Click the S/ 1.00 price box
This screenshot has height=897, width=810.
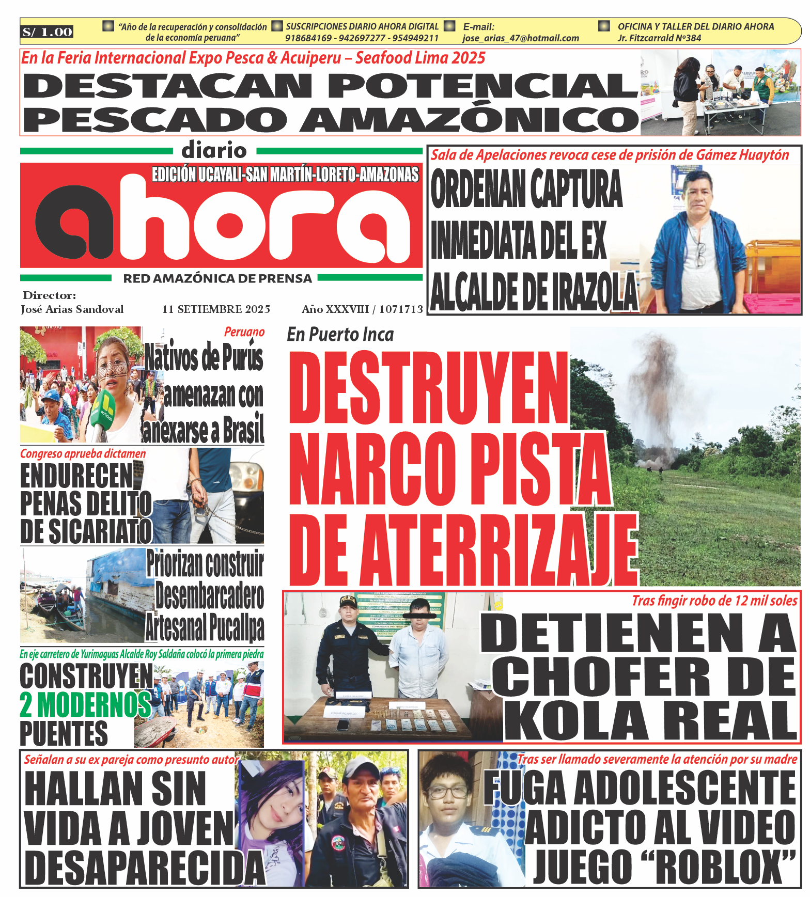click(47, 32)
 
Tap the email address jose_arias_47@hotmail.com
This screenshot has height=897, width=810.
click(520, 38)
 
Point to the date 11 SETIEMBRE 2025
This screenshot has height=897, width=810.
click(216, 309)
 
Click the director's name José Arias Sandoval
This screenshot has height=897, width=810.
click(72, 309)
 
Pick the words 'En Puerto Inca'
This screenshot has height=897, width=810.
click(340, 335)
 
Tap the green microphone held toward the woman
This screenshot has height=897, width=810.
click(103, 413)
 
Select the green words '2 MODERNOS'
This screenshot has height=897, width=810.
click(85, 705)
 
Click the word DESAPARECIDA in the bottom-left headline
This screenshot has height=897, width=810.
click(145, 868)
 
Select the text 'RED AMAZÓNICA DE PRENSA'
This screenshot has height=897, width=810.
click(217, 279)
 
